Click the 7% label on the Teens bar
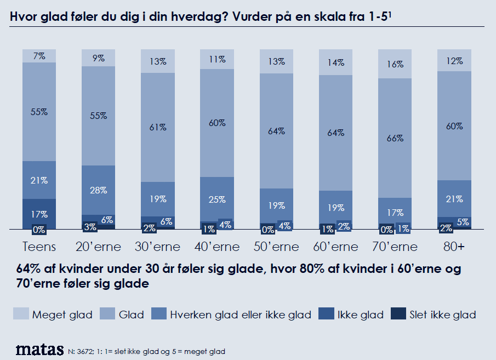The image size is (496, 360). [x=39, y=56]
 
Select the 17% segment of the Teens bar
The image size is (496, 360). [x=39, y=214]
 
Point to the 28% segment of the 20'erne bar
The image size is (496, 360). [x=99, y=190]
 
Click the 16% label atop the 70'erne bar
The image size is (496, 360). [x=395, y=64]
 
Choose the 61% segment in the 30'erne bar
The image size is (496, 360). [x=158, y=127]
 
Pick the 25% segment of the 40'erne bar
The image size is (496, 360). [x=217, y=199]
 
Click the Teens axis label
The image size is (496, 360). [x=39, y=247]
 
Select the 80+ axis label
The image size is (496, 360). [x=454, y=247]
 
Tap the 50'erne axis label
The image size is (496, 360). [x=276, y=247]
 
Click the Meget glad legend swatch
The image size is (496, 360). [x=21, y=315]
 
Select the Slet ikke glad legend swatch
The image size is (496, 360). [x=398, y=315]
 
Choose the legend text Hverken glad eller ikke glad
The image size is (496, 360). [x=241, y=315]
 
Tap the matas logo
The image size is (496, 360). [x=39, y=350]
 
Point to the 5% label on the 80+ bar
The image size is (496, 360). [x=462, y=222]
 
